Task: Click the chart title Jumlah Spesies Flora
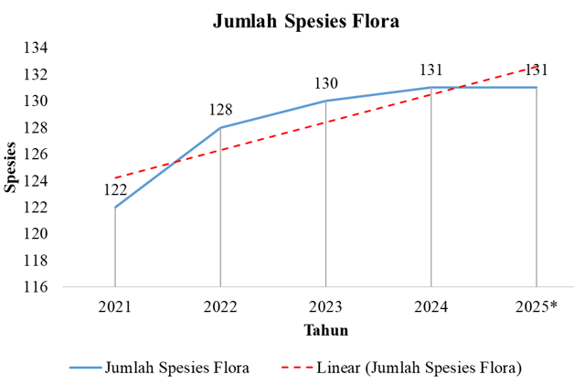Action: point(305,21)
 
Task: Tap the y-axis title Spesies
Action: point(10,167)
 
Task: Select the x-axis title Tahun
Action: point(325,330)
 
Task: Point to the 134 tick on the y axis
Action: point(36,48)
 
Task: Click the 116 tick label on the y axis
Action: point(36,287)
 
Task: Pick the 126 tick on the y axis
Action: point(36,155)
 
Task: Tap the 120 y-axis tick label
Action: point(36,234)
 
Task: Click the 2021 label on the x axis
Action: point(114,306)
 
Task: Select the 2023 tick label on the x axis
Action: point(325,306)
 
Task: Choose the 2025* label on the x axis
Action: point(537,306)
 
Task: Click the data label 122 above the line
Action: point(115,189)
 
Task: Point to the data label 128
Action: point(221,110)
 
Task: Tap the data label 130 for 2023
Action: point(326,83)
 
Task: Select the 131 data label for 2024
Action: point(430,70)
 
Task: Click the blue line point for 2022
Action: point(220,127)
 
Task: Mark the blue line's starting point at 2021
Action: point(115,208)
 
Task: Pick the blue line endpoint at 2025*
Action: point(537,87)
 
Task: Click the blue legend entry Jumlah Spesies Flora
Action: point(160,368)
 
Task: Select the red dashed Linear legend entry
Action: point(402,368)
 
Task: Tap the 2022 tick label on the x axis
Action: point(220,306)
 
